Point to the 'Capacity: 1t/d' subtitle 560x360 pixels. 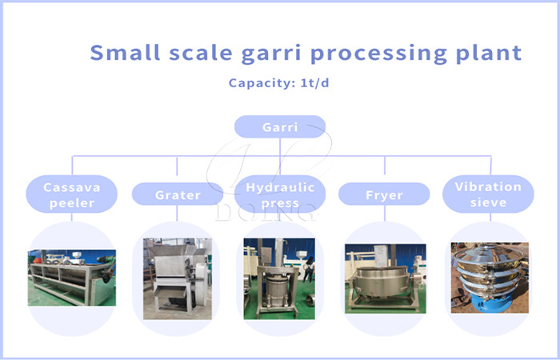pyautogui.click(x=278, y=83)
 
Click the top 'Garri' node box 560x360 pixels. pyautogui.click(x=279, y=127)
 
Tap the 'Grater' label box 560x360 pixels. pyautogui.click(x=178, y=194)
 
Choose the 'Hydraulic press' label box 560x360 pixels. pyautogui.click(x=279, y=194)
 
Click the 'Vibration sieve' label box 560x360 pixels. pyautogui.click(x=488, y=194)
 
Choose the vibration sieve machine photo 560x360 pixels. pyautogui.click(x=489, y=276)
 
